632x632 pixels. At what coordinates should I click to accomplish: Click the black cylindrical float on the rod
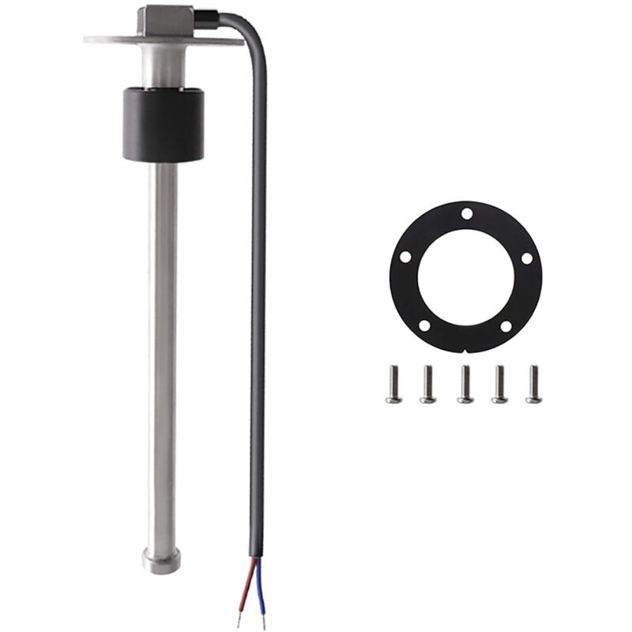point(164,125)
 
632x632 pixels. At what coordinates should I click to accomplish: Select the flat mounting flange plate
point(111,38)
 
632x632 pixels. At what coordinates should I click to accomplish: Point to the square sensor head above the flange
point(163,21)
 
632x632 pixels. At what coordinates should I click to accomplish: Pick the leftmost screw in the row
point(393,385)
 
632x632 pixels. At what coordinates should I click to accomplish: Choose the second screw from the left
point(427,385)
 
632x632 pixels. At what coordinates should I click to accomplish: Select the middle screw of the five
point(465,385)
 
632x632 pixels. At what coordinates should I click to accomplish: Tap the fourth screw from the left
point(499,385)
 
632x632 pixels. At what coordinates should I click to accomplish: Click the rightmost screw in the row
point(533,385)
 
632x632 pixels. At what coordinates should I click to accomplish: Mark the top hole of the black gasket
point(467,213)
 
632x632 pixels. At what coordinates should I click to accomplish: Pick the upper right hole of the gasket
point(526,258)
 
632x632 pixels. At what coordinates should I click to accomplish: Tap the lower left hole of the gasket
point(424,325)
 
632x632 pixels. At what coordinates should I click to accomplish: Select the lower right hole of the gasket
point(503,325)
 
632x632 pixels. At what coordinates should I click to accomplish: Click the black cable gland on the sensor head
point(208,15)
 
